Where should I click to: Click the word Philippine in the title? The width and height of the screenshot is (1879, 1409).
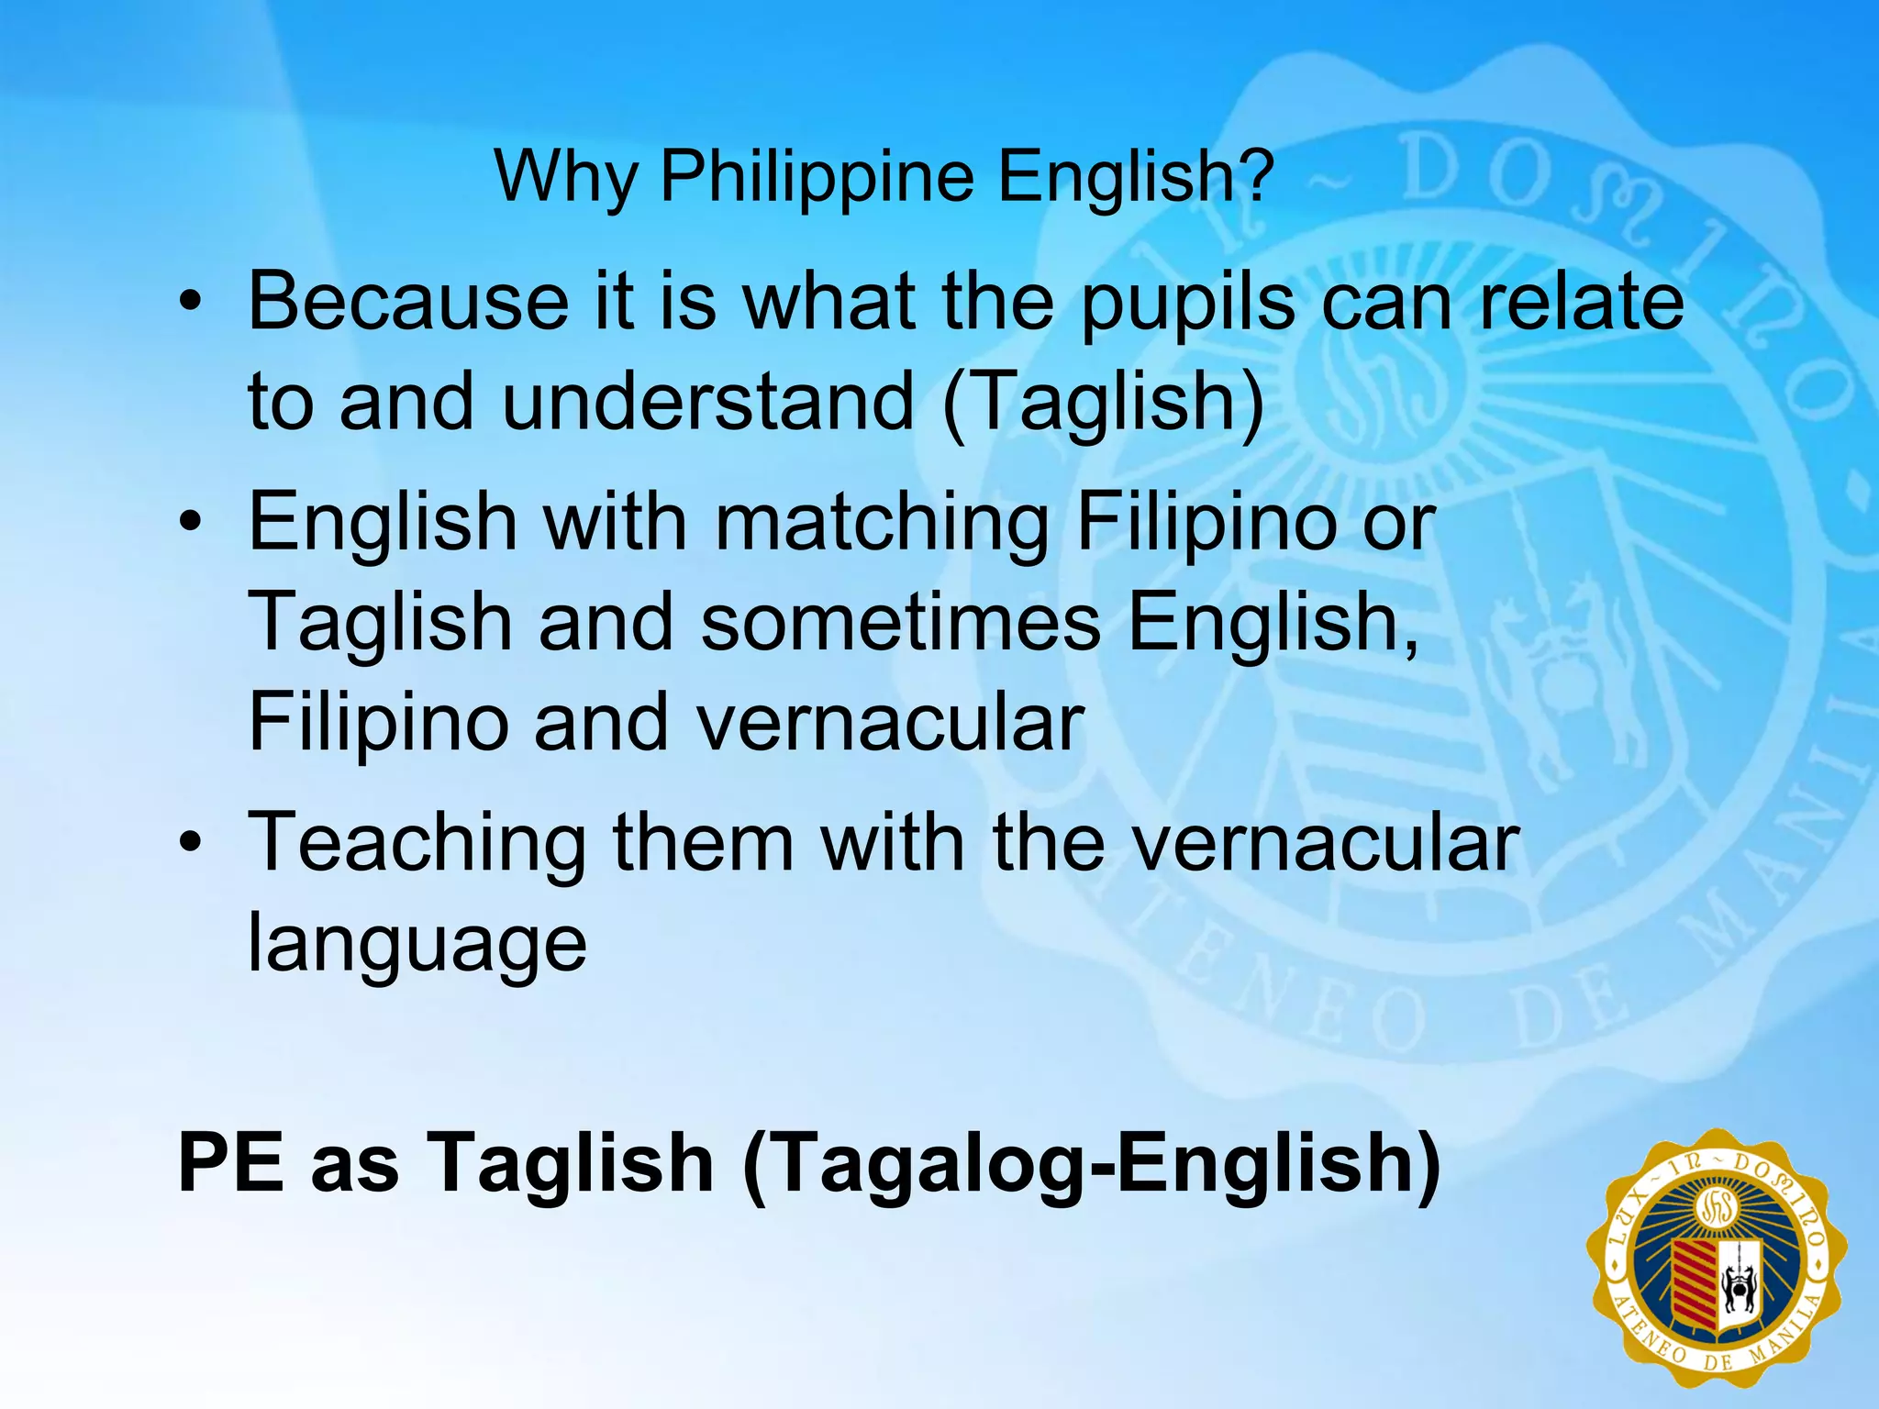tap(817, 176)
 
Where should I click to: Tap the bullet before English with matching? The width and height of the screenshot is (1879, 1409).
tap(190, 524)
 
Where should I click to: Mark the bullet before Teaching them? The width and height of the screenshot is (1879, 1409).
tap(190, 843)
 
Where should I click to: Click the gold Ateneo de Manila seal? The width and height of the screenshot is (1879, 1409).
tap(1717, 1266)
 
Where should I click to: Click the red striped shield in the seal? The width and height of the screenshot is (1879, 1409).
tap(1694, 1290)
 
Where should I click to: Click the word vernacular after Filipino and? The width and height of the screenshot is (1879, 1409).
tap(890, 724)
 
